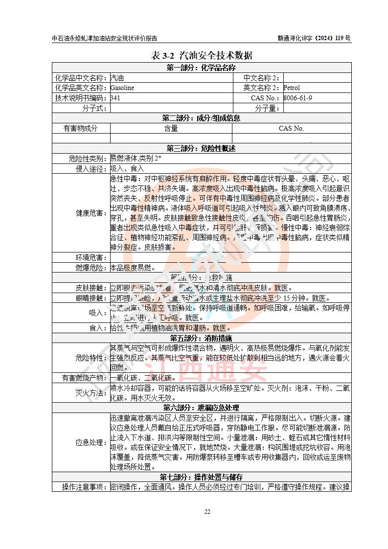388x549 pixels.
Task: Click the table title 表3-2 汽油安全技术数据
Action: (x=201, y=55)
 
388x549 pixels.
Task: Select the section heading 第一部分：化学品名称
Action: (x=201, y=68)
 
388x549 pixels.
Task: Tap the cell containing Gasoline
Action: (x=122, y=88)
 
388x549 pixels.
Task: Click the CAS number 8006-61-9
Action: (x=297, y=98)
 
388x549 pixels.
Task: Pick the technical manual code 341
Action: (x=115, y=98)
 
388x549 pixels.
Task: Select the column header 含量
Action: (x=171, y=128)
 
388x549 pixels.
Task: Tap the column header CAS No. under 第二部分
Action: (x=291, y=128)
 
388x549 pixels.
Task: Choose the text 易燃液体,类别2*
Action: (x=136, y=158)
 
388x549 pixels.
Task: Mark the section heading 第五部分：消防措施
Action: (x=201, y=338)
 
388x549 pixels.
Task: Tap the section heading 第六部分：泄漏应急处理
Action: (x=201, y=408)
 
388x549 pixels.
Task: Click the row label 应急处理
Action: (x=90, y=442)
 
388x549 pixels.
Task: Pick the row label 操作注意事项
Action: (x=81, y=487)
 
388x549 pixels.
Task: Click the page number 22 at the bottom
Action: (x=207, y=511)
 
